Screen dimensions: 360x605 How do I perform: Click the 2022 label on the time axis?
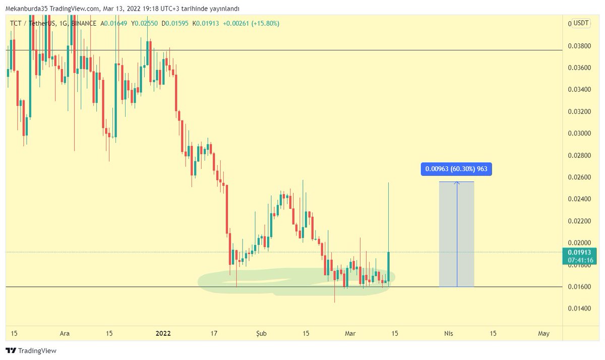(x=163, y=333)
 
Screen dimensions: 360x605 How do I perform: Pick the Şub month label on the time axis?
(x=262, y=333)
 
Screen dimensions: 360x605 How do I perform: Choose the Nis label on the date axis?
(x=448, y=333)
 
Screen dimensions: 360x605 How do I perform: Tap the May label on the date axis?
(x=543, y=333)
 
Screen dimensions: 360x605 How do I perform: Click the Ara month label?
(x=65, y=333)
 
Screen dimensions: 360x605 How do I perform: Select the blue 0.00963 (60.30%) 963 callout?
(x=456, y=169)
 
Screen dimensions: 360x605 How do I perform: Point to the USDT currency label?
(x=581, y=23)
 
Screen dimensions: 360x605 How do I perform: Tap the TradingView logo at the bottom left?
(x=31, y=350)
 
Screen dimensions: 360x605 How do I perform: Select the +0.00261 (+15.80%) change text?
(x=251, y=24)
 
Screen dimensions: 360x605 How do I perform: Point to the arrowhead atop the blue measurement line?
(x=457, y=183)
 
